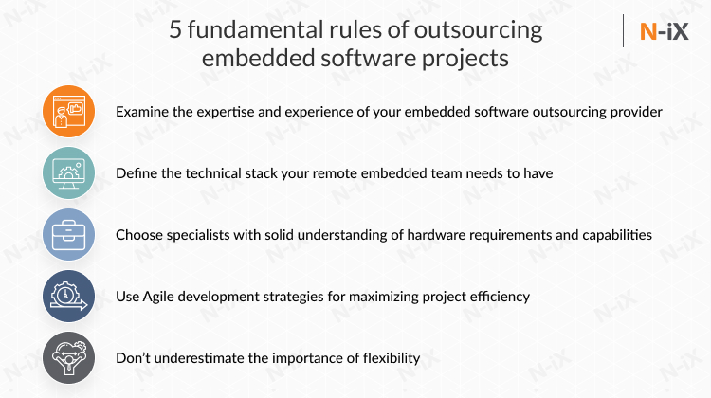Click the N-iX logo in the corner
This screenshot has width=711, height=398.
point(663,31)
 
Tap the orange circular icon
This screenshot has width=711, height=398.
point(69,112)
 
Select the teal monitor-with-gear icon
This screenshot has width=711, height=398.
point(69,173)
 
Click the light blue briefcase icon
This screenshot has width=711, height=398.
point(69,235)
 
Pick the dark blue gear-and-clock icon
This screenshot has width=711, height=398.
point(69,297)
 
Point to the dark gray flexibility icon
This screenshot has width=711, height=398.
point(69,358)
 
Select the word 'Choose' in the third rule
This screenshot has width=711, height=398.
point(139,235)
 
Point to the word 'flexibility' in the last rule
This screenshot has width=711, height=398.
point(387,358)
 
